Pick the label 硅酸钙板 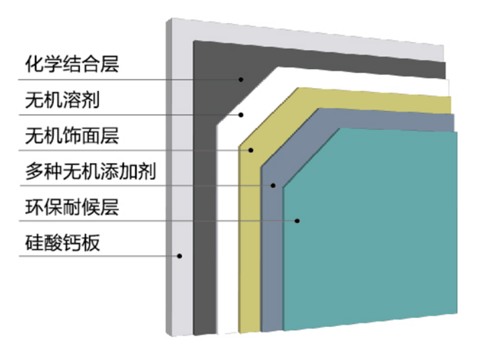click(62, 242)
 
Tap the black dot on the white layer click(240, 115)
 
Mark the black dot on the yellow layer click(250, 150)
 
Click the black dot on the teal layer click(297, 221)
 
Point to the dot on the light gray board click(180, 256)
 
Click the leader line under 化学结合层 click(135, 80)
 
